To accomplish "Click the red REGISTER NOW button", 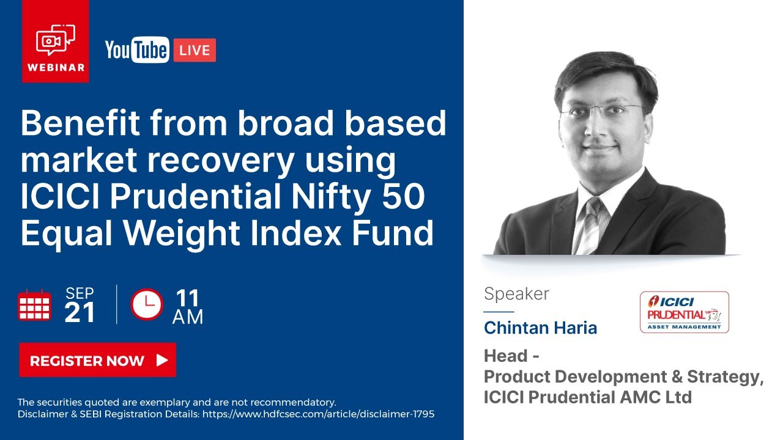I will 97,360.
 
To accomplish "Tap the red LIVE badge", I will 195,50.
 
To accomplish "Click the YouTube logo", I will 136,50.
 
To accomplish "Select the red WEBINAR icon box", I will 56,41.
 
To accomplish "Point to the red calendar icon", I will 34,306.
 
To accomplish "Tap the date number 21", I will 80,313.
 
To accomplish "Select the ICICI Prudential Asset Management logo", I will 684,312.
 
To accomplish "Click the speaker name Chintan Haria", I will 540,328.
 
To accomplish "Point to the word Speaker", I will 516,294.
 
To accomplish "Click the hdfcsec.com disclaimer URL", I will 318,414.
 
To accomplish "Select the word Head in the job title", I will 505,356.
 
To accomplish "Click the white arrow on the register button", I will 162,360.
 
